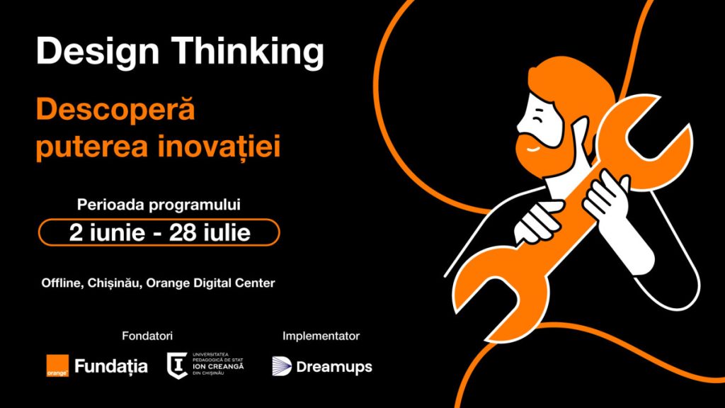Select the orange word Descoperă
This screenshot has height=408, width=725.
(115, 110)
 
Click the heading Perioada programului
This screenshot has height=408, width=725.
(159, 205)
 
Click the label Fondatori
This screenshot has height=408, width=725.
(147, 336)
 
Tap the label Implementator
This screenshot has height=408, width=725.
(321, 336)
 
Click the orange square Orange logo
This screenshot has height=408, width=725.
(57, 366)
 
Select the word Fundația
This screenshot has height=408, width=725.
(111, 366)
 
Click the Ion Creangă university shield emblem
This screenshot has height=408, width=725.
(177, 366)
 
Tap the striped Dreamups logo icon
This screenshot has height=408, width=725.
(282, 366)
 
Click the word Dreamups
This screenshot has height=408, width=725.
(334, 368)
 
